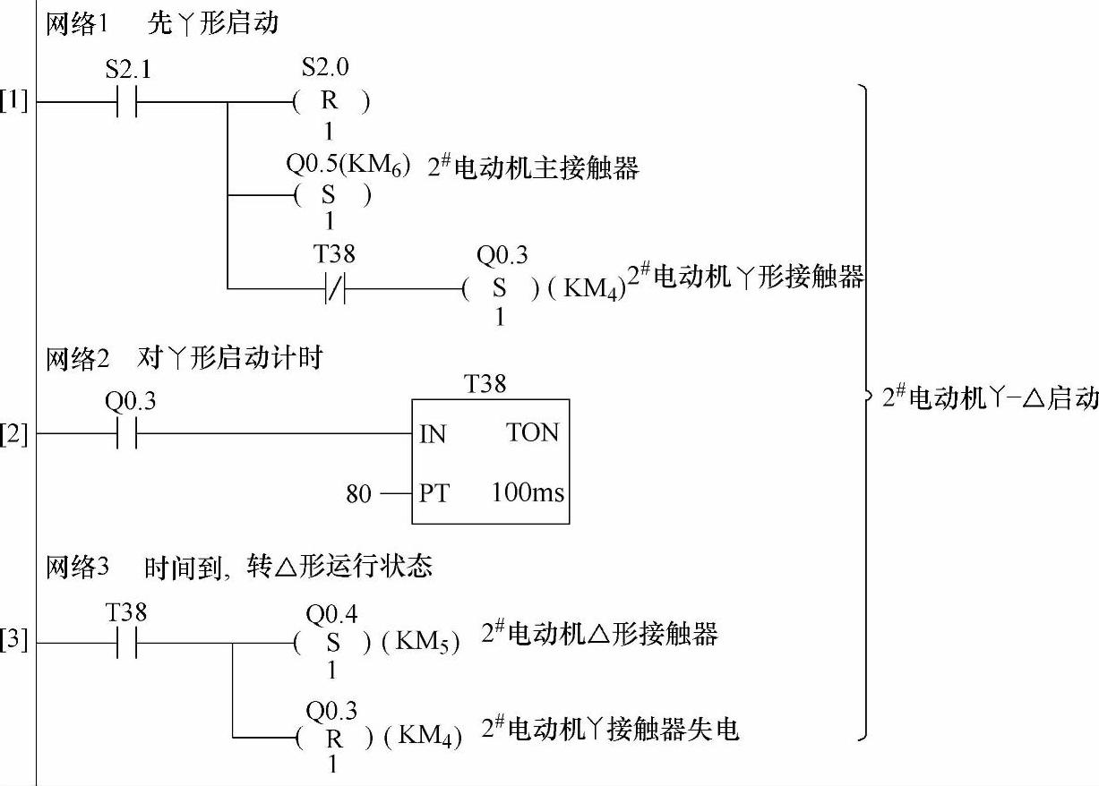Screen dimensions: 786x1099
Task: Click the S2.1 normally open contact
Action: [x=125, y=103]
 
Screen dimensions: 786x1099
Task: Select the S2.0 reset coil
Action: [x=331, y=103]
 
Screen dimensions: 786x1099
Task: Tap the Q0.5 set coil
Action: [x=331, y=196]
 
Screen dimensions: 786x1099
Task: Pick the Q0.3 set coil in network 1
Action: [x=500, y=289]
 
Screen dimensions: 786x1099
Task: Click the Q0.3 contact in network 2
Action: [x=126, y=436]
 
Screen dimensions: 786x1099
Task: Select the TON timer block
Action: [x=490, y=462]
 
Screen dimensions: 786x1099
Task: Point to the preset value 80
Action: [x=358, y=493]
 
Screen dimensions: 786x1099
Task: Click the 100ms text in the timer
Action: [x=528, y=492]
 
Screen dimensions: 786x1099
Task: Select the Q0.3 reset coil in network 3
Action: [x=332, y=739]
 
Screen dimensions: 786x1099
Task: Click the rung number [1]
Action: [x=14, y=101]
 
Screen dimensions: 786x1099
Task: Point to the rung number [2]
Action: [x=14, y=436]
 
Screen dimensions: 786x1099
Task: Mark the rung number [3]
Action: [x=14, y=641]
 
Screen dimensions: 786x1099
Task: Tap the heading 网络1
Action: [x=76, y=24]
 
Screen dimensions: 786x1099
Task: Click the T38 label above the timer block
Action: [x=485, y=384]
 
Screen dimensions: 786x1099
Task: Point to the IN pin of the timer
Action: [x=432, y=436]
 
